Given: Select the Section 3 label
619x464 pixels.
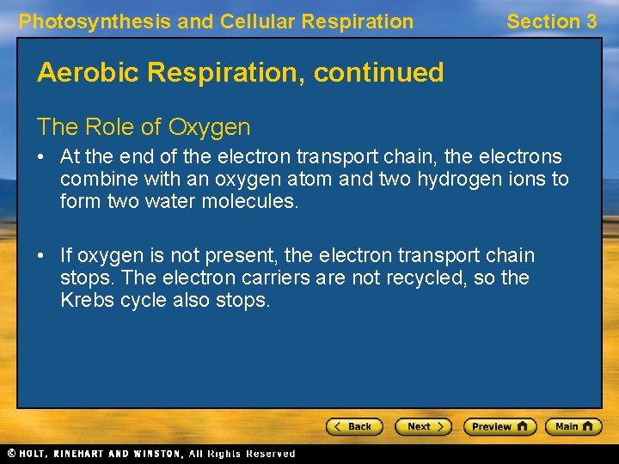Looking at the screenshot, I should point(551,21).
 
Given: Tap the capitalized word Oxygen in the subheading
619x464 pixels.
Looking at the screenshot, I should point(209,127).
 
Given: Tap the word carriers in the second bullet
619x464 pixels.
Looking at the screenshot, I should point(276,278).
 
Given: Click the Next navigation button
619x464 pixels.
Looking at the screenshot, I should point(423,426).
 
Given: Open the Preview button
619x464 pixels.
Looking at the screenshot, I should point(499,426).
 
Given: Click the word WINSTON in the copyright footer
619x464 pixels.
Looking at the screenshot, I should point(156,454).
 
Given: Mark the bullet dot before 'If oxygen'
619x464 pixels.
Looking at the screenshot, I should point(42,256).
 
